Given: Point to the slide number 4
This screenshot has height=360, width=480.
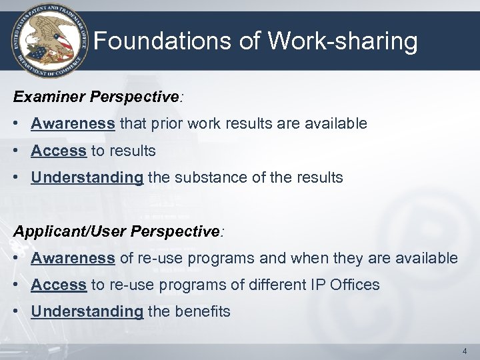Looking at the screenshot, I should pos(464,350).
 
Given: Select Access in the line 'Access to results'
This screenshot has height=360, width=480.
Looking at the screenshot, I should pos(59,151).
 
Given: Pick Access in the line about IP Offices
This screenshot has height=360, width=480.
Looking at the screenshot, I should pos(59,285).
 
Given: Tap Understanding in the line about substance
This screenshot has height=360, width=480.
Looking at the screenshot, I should pos(87,178).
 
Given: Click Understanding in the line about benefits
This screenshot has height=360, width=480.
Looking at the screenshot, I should pos(87,312).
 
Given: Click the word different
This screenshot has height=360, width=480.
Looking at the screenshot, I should pos(278,285).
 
